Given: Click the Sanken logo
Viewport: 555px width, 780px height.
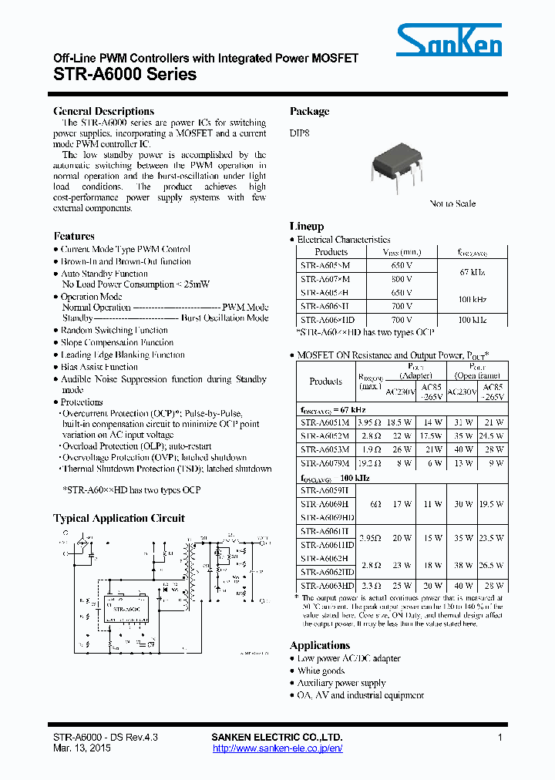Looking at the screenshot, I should point(449,40).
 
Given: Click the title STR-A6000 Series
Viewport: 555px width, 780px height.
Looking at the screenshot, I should point(125,75).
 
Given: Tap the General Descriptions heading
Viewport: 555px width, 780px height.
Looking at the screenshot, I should point(103,111).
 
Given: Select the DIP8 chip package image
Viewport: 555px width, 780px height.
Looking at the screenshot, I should point(398,163).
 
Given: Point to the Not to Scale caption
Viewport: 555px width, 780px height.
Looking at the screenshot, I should point(452,203).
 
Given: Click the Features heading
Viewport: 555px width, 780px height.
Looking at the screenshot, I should point(74,236).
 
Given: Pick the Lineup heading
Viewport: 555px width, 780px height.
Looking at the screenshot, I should point(307,227).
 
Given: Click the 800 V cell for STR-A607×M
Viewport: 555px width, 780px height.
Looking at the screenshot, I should point(398,278).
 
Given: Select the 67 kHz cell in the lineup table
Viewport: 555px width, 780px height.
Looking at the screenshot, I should point(472,272).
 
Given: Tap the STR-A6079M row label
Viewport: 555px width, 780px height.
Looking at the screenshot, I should point(325,463).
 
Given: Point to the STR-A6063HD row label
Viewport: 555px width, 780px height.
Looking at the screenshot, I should point(327,586).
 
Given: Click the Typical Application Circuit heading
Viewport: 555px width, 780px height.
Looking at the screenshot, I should point(119,518).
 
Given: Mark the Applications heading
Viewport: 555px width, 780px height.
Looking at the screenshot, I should point(319,645).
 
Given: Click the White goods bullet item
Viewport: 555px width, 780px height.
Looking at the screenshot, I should point(322,671).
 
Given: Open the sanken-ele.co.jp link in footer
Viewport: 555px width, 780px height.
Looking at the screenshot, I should point(277,748).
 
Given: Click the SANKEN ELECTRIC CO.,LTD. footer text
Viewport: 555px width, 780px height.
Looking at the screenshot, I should point(277,738).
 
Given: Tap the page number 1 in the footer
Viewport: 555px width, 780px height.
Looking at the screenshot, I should point(500,738).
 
